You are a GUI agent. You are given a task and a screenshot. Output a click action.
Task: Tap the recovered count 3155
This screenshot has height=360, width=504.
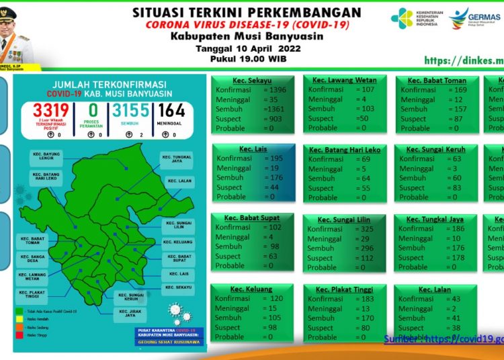(x=130, y=111)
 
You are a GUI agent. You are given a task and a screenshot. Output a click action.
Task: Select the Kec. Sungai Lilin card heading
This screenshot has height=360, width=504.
(x=345, y=220)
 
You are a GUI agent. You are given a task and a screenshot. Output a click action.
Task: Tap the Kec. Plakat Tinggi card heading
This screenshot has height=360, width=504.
(x=345, y=289)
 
